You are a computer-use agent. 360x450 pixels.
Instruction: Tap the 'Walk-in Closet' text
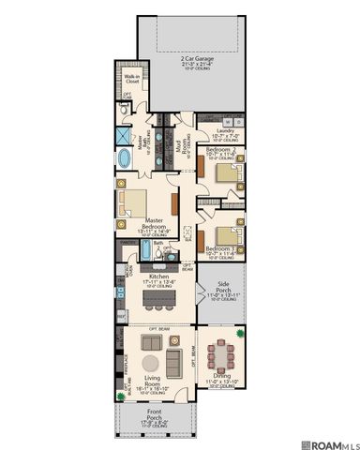[131, 80]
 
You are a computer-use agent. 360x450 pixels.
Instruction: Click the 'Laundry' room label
[226, 130]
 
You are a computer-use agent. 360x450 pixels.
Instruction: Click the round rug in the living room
[150, 364]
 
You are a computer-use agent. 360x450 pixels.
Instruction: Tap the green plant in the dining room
[242, 333]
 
